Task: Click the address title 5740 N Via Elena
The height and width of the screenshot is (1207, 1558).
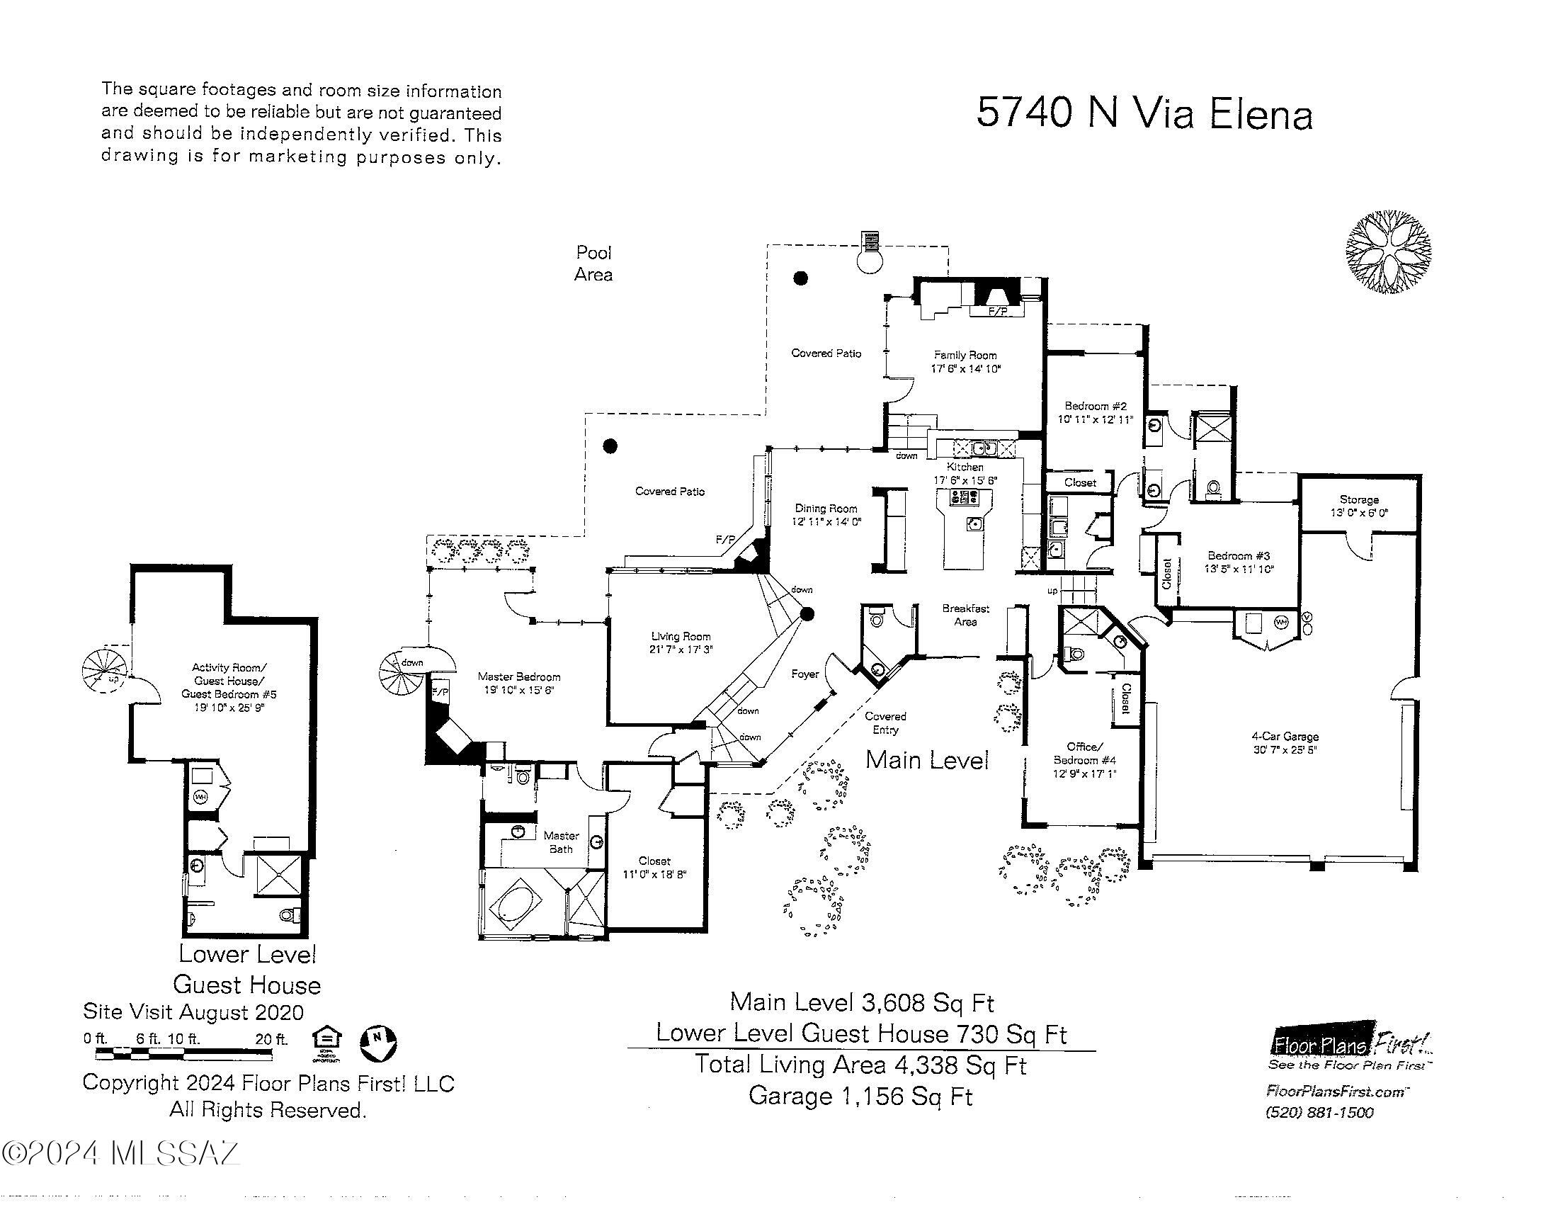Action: click(x=1144, y=114)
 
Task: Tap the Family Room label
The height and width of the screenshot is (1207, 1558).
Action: click(x=965, y=356)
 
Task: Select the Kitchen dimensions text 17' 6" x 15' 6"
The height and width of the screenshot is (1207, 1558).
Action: click(x=965, y=481)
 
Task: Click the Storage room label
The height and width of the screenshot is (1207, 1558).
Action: click(x=1358, y=500)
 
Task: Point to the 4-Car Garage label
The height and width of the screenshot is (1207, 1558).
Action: click(x=1285, y=737)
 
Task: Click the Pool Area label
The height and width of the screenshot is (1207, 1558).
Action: click(x=593, y=263)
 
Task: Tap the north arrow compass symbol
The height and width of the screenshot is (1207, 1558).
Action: click(x=377, y=1043)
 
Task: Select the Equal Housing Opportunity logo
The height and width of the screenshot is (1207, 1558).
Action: click(x=326, y=1043)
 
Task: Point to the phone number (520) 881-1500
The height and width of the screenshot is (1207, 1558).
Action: click(x=1319, y=1113)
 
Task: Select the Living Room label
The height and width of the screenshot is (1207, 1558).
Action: click(x=681, y=637)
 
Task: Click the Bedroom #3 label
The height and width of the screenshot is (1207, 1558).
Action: click(x=1239, y=556)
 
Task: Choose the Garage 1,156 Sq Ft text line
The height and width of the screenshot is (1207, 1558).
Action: click(x=860, y=1096)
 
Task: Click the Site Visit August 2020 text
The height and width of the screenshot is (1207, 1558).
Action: click(x=193, y=1012)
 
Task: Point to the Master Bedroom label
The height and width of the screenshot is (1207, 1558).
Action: click(x=518, y=677)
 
